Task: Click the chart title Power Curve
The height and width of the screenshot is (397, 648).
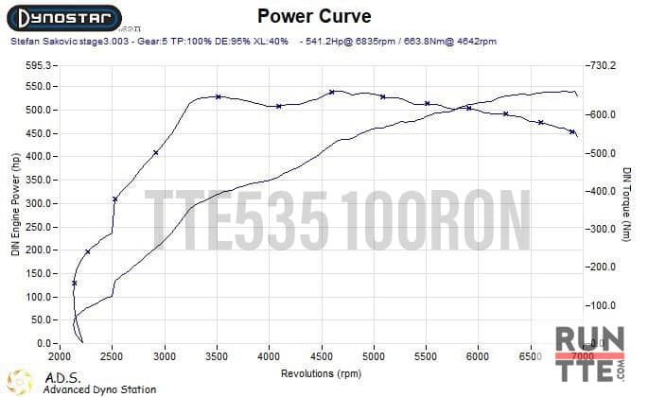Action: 314,16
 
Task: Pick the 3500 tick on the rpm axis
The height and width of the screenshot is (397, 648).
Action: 217,355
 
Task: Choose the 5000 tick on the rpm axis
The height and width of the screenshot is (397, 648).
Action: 374,355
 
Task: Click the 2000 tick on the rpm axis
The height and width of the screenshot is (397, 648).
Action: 61,355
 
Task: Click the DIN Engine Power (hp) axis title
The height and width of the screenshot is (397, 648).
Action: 14,204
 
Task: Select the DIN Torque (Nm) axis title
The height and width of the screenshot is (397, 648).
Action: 627,204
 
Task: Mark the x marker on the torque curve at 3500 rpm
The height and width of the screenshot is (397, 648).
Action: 218,96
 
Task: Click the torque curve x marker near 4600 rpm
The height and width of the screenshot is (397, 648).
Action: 332,92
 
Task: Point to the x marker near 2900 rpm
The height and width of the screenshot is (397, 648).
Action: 156,152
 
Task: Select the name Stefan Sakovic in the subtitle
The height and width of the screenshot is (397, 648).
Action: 36,42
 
